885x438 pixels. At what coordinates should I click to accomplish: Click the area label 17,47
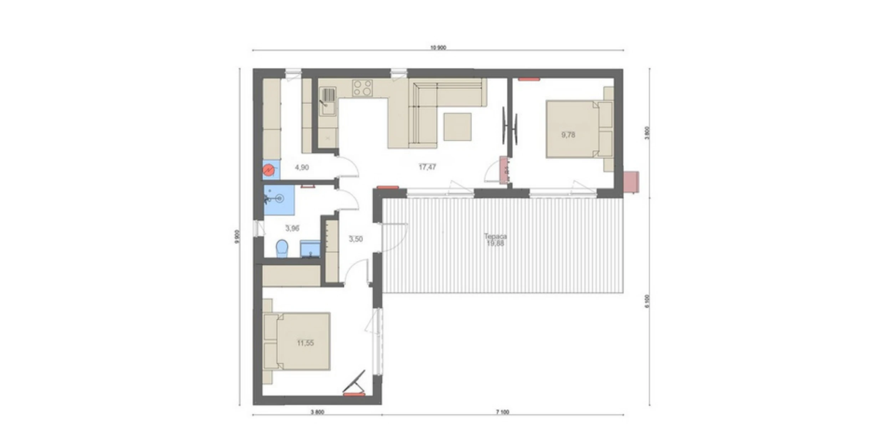[427, 167]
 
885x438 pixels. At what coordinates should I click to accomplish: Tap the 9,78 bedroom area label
[568, 135]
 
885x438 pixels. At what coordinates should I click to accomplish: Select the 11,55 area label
[305, 343]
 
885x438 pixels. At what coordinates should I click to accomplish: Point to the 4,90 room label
[302, 167]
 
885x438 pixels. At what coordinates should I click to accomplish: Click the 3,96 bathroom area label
[292, 228]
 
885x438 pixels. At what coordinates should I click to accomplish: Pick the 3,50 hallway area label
[355, 239]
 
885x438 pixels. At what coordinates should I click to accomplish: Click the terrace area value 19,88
[495, 244]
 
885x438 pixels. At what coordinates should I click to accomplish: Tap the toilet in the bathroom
[282, 248]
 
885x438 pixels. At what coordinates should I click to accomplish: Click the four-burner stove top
[362, 88]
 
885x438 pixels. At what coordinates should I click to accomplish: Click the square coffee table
[457, 127]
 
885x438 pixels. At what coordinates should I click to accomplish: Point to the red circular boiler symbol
[270, 170]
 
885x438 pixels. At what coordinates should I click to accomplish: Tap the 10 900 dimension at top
[438, 47]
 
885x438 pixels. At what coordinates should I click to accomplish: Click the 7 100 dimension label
[502, 412]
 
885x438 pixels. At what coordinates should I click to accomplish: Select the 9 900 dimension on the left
[237, 236]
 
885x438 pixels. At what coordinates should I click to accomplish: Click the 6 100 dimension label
[648, 301]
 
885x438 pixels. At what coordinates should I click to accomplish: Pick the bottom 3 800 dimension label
[317, 412]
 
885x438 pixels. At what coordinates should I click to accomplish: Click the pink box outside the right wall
[631, 182]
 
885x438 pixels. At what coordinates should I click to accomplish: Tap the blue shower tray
[279, 200]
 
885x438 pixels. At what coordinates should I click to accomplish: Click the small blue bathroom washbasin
[310, 249]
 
